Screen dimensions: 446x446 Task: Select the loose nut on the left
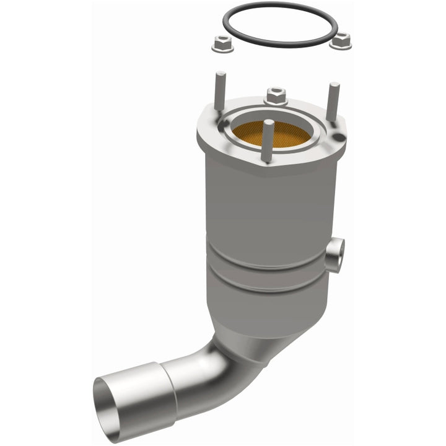(222, 44)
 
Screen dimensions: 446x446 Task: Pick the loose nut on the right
(340, 41)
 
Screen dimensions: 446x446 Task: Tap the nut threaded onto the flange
(276, 96)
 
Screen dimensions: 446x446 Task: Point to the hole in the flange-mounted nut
(276, 93)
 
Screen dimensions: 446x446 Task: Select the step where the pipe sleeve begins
(168, 387)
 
